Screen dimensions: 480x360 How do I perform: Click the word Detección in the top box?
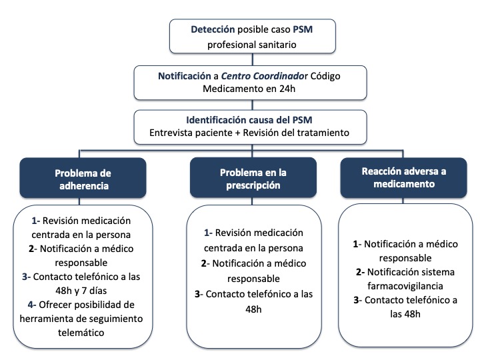click(x=213, y=29)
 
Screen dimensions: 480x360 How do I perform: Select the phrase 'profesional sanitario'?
click(x=251, y=45)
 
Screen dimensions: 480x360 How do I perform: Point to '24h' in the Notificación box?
click(x=287, y=89)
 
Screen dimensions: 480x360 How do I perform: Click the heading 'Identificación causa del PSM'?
click(x=249, y=120)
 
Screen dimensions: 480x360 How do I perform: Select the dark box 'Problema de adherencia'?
click(x=83, y=178)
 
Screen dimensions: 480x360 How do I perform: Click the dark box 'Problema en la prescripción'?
click(x=253, y=177)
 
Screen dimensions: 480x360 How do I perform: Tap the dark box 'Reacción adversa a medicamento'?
click(x=404, y=177)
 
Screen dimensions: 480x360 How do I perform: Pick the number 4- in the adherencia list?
click(x=32, y=305)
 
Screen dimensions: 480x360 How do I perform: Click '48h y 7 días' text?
click(x=81, y=291)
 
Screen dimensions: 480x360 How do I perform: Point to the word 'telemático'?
click(x=81, y=333)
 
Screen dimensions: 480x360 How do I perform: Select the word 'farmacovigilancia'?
click(x=405, y=286)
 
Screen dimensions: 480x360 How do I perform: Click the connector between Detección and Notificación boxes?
click(x=252, y=59)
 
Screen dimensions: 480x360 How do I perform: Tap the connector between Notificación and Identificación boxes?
click(x=252, y=105)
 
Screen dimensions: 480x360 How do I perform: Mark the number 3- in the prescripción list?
click(x=199, y=294)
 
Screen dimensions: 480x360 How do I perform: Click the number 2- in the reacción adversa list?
click(x=360, y=272)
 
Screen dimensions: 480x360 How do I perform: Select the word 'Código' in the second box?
click(x=325, y=76)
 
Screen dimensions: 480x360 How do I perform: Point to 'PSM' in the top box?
click(x=303, y=29)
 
